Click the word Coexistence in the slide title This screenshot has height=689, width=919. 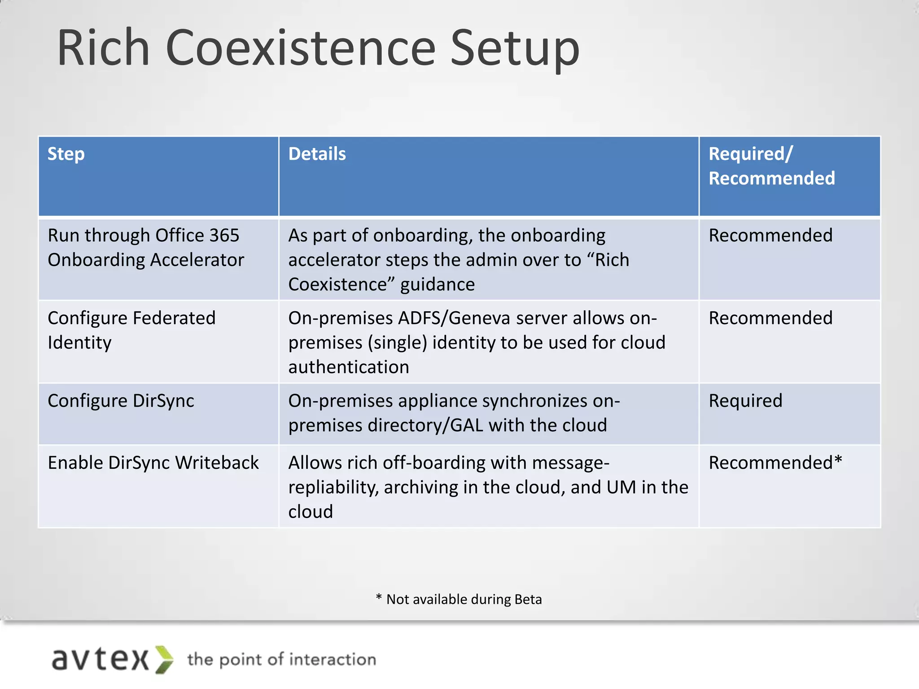click(300, 48)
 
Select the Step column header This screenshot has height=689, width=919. click(66, 154)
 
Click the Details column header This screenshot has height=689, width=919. click(317, 154)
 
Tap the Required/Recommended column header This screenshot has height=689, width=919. click(771, 166)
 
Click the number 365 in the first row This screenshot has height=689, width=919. click(225, 235)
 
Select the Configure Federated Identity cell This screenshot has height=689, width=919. click(131, 330)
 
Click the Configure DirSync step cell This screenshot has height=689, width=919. click(121, 401)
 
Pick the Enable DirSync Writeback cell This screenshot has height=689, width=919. click(153, 462)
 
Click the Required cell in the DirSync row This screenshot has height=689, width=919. click(745, 401)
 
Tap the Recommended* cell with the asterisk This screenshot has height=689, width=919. click(775, 462)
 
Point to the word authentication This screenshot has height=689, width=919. click(348, 367)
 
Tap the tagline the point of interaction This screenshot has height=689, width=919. click(281, 659)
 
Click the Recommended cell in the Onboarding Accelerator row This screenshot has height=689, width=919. click(770, 235)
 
